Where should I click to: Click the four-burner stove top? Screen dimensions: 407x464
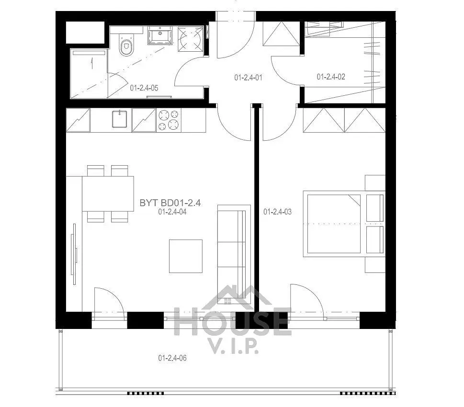169,120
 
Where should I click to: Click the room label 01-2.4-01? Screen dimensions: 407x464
248,77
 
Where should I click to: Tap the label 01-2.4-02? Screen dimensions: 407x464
331,77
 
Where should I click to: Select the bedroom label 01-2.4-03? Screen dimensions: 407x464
277,211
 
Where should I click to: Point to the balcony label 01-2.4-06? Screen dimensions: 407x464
172,358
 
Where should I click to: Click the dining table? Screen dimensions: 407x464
108,193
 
